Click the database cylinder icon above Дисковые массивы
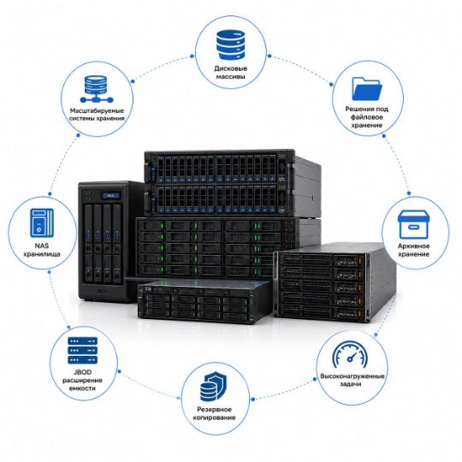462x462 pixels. pyautogui.click(x=231, y=44)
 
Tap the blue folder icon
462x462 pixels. pyautogui.click(x=367, y=89)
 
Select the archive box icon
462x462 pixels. pyautogui.click(x=413, y=224)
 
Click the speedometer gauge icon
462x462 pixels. pyautogui.click(x=350, y=354)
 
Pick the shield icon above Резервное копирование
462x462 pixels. pyautogui.click(x=213, y=386)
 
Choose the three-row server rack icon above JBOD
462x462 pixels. pyautogui.click(x=82, y=350)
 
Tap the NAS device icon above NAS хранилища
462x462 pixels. pyautogui.click(x=42, y=223)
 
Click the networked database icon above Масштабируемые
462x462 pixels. pyautogui.click(x=97, y=89)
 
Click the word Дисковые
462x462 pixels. pyautogui.click(x=231, y=68)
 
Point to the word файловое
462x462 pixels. pyautogui.click(x=366, y=117)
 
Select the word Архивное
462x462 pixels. pyautogui.click(x=414, y=246)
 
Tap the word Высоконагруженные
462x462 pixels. pyautogui.click(x=352, y=376)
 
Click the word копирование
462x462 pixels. pyautogui.click(x=214, y=418)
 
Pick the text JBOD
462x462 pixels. pyautogui.click(x=82, y=372)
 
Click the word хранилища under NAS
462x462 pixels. pyautogui.click(x=42, y=254)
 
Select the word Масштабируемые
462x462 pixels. pyautogui.click(x=97, y=110)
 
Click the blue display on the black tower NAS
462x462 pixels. pyautogui.click(x=110, y=195)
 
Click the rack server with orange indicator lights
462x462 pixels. pyautogui.click(x=335, y=282)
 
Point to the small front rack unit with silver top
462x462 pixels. pyautogui.click(x=204, y=301)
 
